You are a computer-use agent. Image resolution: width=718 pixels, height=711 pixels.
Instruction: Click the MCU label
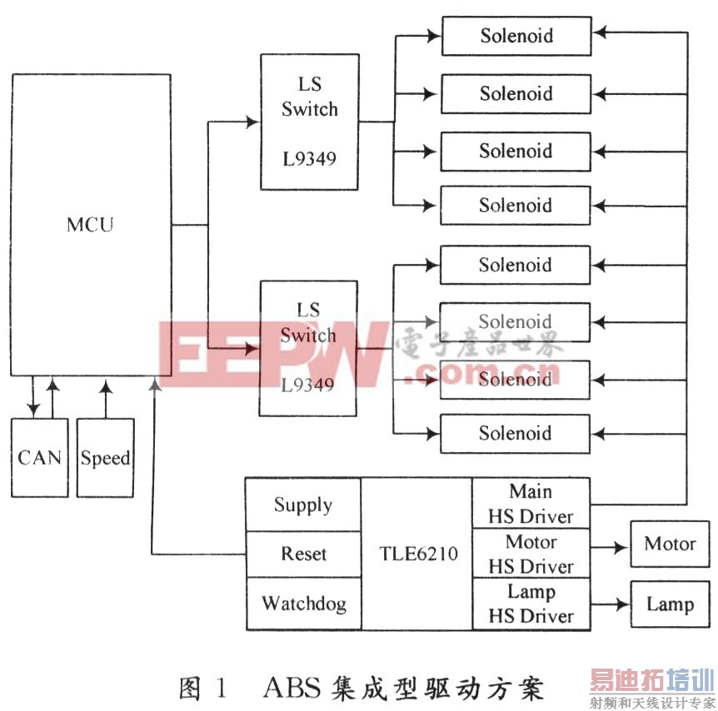(90, 225)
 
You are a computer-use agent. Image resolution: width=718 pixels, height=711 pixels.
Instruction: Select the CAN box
(40, 457)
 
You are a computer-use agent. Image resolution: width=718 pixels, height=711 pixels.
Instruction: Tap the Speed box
(105, 457)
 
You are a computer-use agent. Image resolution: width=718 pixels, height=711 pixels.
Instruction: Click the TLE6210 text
(418, 554)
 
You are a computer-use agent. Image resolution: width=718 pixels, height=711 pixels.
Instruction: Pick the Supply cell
(303, 505)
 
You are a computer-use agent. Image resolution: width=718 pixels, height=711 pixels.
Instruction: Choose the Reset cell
(303, 554)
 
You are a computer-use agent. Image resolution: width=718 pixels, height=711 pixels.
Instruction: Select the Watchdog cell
(303, 604)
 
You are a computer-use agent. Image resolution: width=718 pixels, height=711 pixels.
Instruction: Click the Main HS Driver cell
(531, 504)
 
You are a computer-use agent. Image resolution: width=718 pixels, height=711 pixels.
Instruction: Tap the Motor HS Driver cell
(531, 554)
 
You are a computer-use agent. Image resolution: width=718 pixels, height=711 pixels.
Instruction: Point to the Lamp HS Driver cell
(531, 604)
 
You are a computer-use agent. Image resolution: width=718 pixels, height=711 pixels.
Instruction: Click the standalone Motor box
(670, 544)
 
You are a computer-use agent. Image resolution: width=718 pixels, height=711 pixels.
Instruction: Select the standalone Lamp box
(670, 604)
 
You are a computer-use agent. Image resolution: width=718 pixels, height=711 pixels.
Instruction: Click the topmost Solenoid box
(516, 36)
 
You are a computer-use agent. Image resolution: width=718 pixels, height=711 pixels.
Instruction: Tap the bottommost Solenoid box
(515, 434)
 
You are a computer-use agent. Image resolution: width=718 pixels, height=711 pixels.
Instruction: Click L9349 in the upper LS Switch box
(310, 159)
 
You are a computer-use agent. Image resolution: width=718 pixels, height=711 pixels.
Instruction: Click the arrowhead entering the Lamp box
(622, 604)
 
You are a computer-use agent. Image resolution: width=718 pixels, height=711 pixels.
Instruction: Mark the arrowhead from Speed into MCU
(106, 387)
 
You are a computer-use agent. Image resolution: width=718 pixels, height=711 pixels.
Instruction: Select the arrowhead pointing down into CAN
(33, 409)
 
